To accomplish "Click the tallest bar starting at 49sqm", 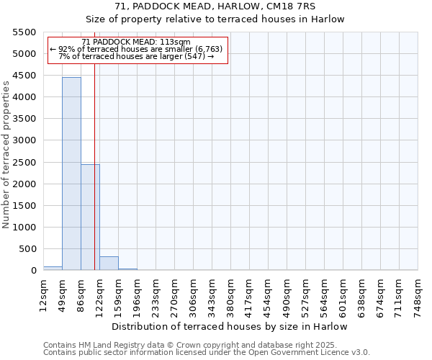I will pos(71,174).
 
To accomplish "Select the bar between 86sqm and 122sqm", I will pos(90,217).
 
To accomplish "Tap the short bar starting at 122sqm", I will pos(109,264).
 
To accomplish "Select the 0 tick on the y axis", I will pos(33,271).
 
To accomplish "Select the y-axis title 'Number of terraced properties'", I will pos(6,154).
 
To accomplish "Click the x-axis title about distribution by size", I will pos(230,326).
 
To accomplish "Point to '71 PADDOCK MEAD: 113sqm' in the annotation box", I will pos(136,42).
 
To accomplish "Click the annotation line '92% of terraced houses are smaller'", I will pos(136,49).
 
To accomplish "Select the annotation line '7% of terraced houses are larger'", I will pos(136,56).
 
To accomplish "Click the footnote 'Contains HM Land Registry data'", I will pos(190,345).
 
